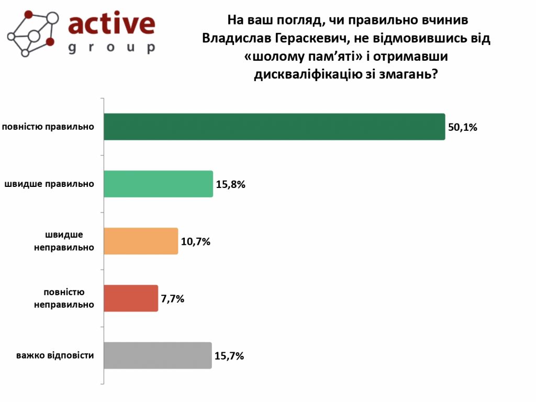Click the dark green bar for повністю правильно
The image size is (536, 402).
point(274,127)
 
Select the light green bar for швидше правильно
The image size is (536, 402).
point(158,184)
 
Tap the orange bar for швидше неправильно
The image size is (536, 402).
point(141,241)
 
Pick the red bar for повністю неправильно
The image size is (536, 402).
point(131,298)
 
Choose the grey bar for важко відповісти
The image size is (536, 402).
point(158,355)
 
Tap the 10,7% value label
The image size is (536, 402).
point(196,242)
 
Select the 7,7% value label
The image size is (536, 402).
point(173,299)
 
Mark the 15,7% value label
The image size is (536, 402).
point(229,356)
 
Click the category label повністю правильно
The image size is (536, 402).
point(48,127)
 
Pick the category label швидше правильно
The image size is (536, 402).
point(50,184)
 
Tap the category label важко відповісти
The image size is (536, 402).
point(55,355)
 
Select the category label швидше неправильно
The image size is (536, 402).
point(64,241)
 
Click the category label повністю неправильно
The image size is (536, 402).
point(64,298)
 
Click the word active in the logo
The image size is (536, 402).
point(112,25)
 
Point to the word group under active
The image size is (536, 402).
point(112,48)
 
